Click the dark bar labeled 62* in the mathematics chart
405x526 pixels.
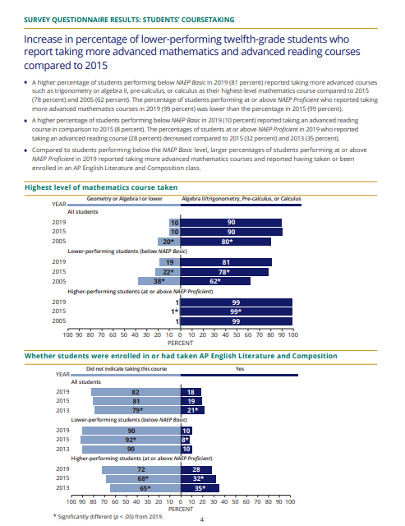pos(215,281)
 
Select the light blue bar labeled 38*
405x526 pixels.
pos(159,281)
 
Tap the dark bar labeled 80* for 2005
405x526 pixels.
pos(226,242)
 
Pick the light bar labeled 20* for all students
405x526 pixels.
pos(169,242)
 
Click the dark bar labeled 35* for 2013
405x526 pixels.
pos(200,488)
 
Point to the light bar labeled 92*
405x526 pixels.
pos(131,440)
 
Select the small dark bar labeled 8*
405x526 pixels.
pos(186,440)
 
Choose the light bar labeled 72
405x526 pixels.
pos(141,469)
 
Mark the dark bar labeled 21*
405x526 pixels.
pos(193,410)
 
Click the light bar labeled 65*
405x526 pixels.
pos(145,488)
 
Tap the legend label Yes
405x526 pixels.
pos(240,369)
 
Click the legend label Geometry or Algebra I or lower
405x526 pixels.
pos(124,199)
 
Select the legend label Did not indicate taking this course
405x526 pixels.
pos(127,369)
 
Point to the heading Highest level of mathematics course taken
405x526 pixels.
pos(101,187)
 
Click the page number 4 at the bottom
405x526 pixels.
pos(202,519)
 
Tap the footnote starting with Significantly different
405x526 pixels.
pos(108,517)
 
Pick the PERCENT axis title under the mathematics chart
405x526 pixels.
pos(181,343)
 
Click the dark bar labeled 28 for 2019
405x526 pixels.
pos(196,469)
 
